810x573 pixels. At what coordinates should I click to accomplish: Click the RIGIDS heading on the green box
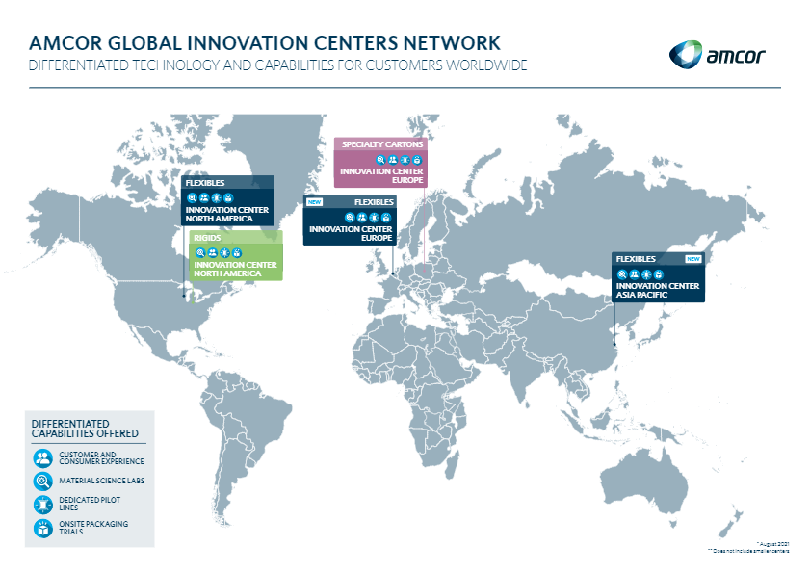206,238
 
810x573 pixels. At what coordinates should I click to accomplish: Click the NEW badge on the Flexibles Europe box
315,202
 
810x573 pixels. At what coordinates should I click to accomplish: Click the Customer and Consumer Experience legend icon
42,457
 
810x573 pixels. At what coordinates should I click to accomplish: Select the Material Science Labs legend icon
42,481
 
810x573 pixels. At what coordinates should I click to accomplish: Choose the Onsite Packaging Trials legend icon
42,528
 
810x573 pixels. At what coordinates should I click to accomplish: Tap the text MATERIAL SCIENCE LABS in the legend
101,481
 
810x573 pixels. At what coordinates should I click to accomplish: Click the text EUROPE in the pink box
408,180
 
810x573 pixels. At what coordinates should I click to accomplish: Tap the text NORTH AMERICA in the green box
227,273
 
